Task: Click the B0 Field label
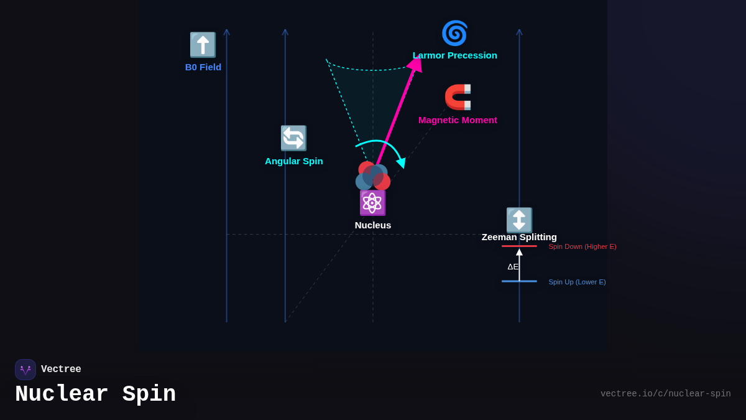[x=203, y=67]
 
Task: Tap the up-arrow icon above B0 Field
[x=203, y=45]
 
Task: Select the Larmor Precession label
[x=455, y=55]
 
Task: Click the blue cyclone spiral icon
[x=454, y=33]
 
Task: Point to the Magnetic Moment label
[x=458, y=120]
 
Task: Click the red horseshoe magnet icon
[x=458, y=97]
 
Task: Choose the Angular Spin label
[x=294, y=161]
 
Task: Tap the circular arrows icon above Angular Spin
[x=293, y=138]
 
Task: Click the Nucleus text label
[x=373, y=225]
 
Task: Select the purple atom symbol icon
[x=372, y=203]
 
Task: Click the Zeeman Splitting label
[x=519, y=237]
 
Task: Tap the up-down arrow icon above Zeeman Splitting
[x=519, y=220]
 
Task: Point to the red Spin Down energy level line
[x=519, y=246]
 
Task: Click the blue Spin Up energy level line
[x=519, y=281]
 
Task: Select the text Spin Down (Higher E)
[x=583, y=246]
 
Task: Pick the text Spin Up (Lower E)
[x=577, y=282]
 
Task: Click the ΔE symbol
[x=512, y=267]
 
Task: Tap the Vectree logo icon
[x=25, y=370]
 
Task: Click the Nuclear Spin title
[x=95, y=394]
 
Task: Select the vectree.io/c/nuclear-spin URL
[x=665, y=394]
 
